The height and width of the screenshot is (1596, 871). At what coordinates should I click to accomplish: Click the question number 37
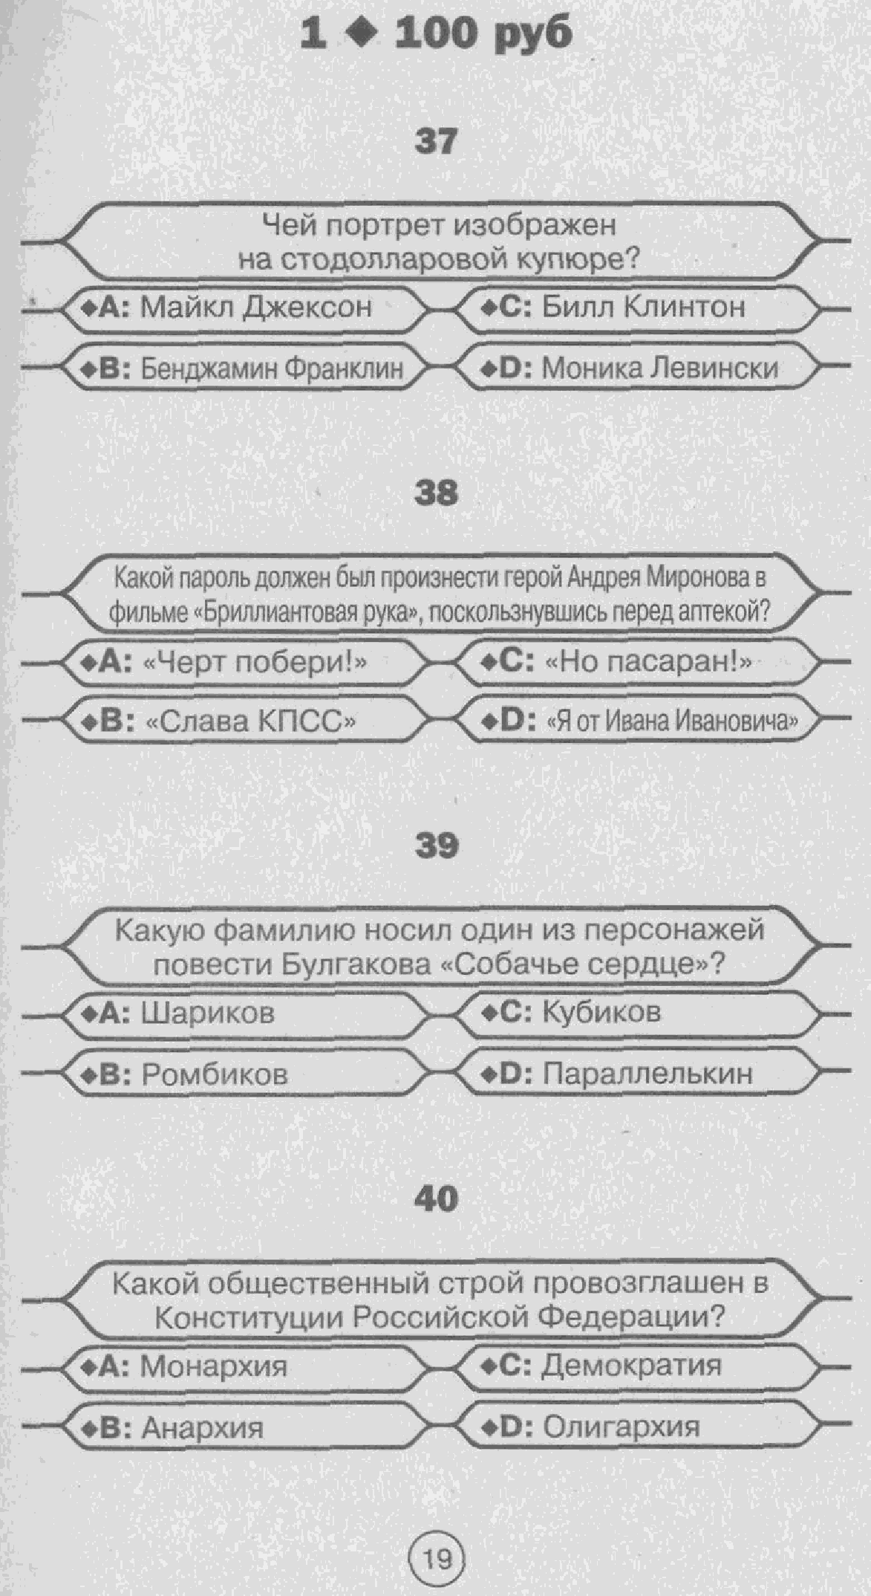tap(436, 141)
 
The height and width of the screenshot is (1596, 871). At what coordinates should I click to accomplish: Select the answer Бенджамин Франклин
tap(272, 368)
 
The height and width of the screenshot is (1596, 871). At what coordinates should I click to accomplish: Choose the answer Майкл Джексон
tap(256, 307)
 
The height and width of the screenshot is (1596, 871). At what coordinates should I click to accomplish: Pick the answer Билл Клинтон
tap(643, 306)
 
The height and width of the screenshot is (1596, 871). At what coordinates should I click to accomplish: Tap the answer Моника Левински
tap(660, 368)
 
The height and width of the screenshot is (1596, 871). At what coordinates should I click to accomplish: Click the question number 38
tap(436, 493)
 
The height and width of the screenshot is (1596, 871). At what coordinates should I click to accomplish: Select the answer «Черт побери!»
tap(254, 661)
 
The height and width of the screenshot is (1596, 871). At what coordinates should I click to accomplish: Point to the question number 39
tap(436, 846)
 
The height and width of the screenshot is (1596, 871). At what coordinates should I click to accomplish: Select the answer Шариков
tap(208, 1013)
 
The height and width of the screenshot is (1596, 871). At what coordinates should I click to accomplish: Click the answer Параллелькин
tap(647, 1074)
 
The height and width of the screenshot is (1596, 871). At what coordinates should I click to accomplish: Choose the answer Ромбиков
tap(215, 1074)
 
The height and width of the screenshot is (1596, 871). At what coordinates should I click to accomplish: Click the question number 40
tap(436, 1198)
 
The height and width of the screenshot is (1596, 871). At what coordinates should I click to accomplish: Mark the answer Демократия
tap(632, 1365)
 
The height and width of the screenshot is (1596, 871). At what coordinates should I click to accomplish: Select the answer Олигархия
tap(622, 1427)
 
